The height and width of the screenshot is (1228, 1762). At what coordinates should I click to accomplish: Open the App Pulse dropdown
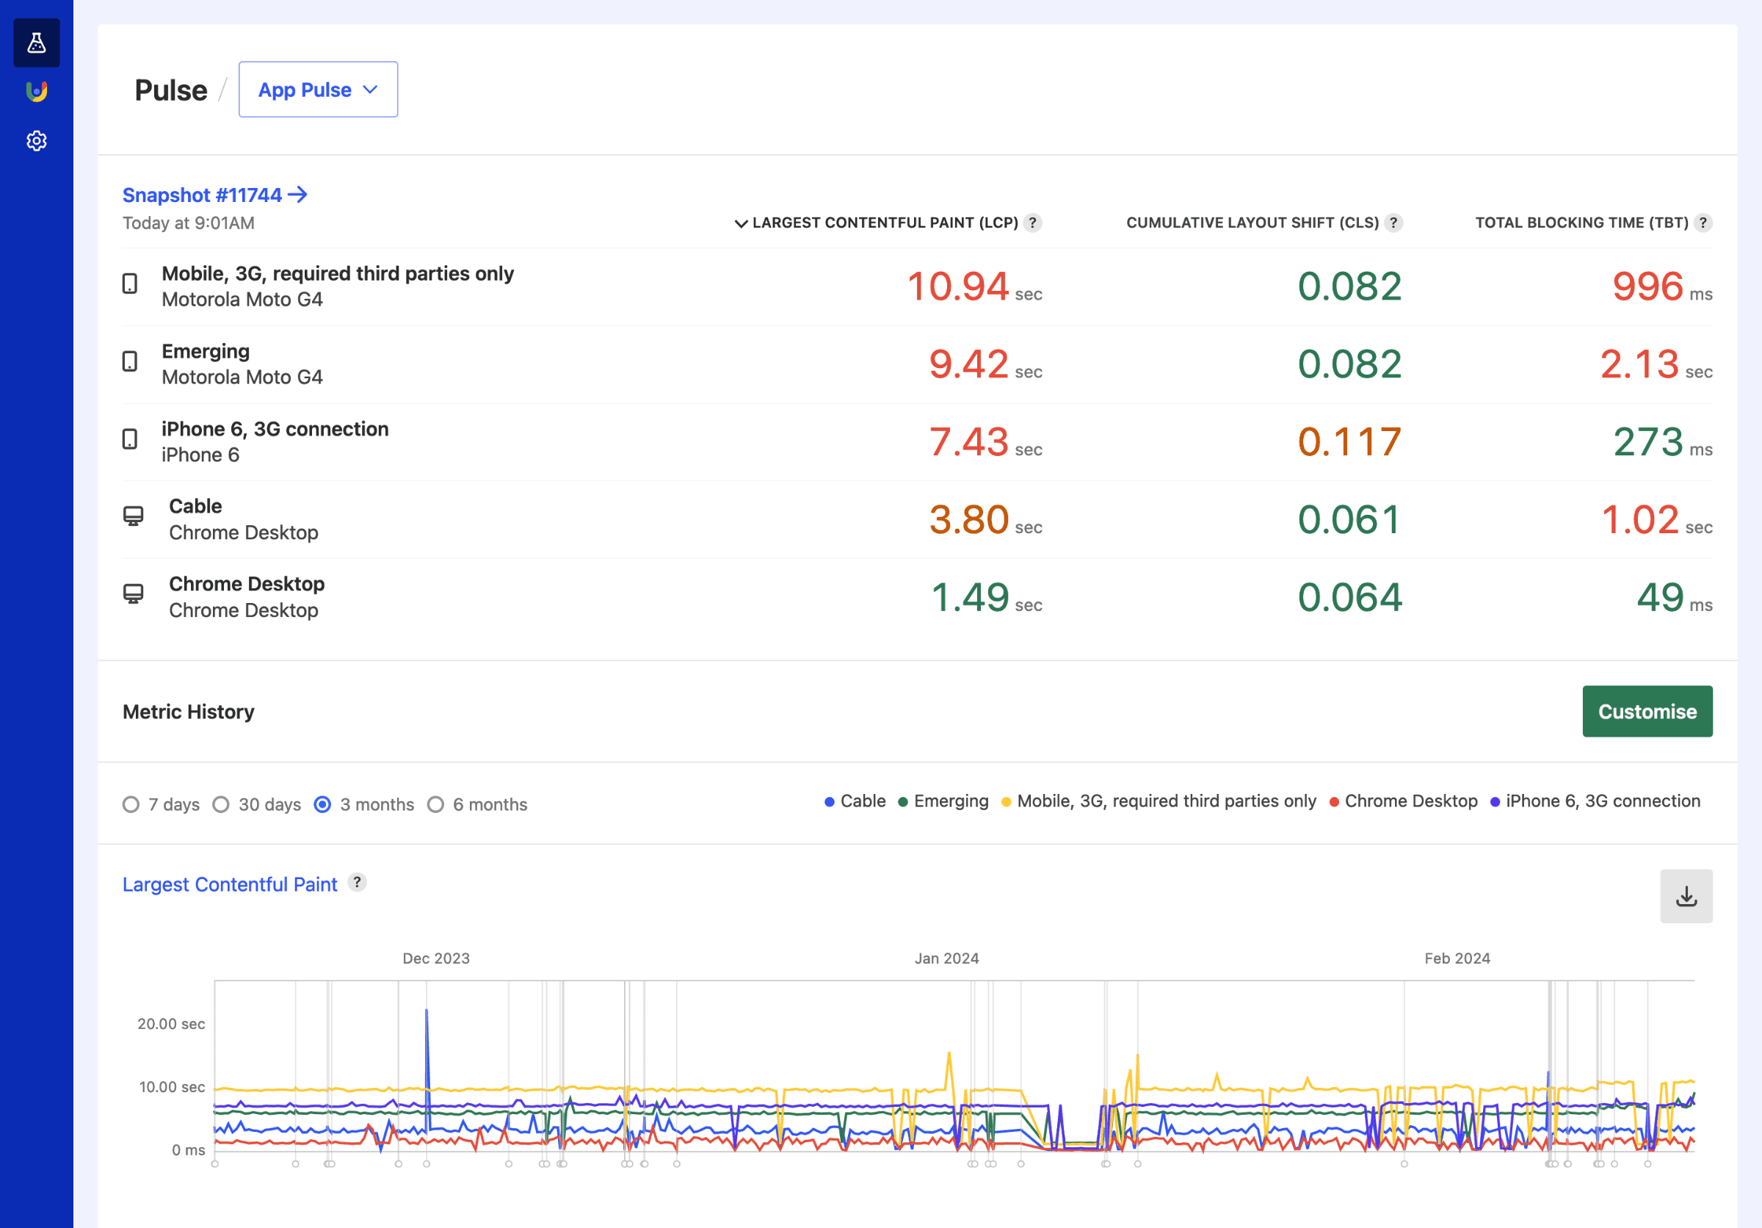click(x=318, y=90)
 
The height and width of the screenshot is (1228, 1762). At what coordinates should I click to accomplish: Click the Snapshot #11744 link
click(x=215, y=195)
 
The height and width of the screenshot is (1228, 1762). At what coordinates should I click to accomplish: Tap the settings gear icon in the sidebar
click(x=37, y=141)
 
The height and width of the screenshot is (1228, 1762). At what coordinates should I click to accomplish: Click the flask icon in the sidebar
click(x=37, y=43)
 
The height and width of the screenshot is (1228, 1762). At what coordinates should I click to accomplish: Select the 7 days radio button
click(x=131, y=804)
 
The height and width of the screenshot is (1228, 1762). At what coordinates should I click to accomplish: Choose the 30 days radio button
click(x=221, y=804)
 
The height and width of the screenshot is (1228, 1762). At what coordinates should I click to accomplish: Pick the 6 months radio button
click(x=436, y=804)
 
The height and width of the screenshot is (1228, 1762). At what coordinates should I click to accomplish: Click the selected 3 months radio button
click(x=323, y=804)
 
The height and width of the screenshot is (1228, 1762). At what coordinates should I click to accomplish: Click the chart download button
click(x=1686, y=896)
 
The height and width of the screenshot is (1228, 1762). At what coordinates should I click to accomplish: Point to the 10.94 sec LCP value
click(x=958, y=286)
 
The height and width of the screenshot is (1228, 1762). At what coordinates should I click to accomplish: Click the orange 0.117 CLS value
click(x=1349, y=442)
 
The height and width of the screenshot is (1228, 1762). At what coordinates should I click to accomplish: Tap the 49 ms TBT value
click(x=1661, y=597)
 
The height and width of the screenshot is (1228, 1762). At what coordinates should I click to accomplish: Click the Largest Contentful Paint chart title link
click(x=230, y=884)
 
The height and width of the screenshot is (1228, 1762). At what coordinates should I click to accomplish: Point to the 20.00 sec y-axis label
click(x=171, y=1024)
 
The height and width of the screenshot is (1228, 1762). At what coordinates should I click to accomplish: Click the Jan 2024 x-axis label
click(x=946, y=958)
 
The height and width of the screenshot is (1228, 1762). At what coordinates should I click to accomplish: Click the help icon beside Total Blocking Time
click(x=1703, y=223)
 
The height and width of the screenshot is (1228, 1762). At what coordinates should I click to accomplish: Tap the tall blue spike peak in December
click(x=427, y=1011)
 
